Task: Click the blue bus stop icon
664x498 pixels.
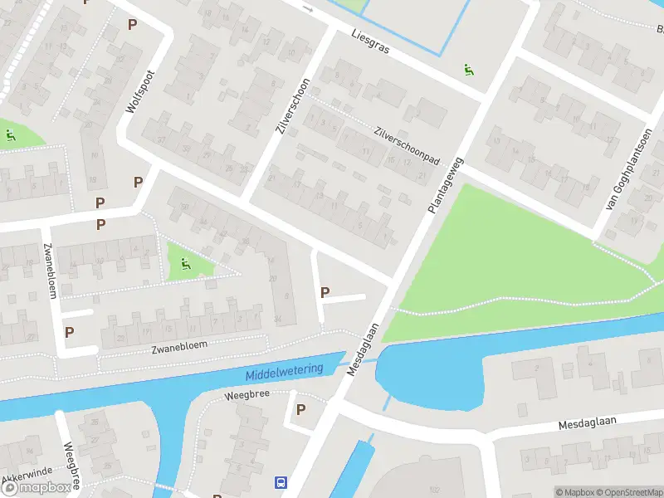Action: [281, 481]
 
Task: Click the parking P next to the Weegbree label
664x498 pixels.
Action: [300, 409]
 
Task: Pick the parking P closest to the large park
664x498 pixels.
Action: [325, 292]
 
